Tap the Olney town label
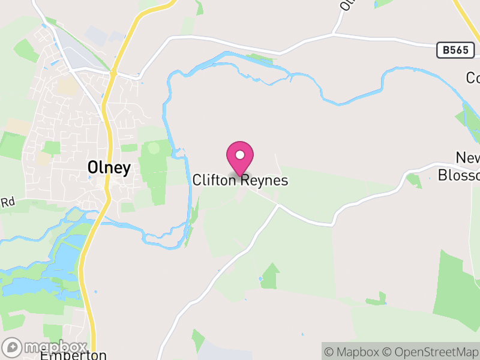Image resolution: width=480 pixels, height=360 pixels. pos(109,168)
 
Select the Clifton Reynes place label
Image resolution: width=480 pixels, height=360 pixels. pos(240,180)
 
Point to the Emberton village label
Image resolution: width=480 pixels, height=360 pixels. pos(73,355)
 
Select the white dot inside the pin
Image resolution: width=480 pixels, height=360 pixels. pos(240,155)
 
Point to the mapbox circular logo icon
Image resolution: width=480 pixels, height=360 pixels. pos(12,347)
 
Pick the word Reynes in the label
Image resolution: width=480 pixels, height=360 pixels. pos(265,180)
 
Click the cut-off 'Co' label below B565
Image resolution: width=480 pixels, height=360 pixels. pos(473,78)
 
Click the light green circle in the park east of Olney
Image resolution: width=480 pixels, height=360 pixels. pos(154,148)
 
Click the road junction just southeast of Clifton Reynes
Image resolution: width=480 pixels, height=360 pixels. pos(278,205)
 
